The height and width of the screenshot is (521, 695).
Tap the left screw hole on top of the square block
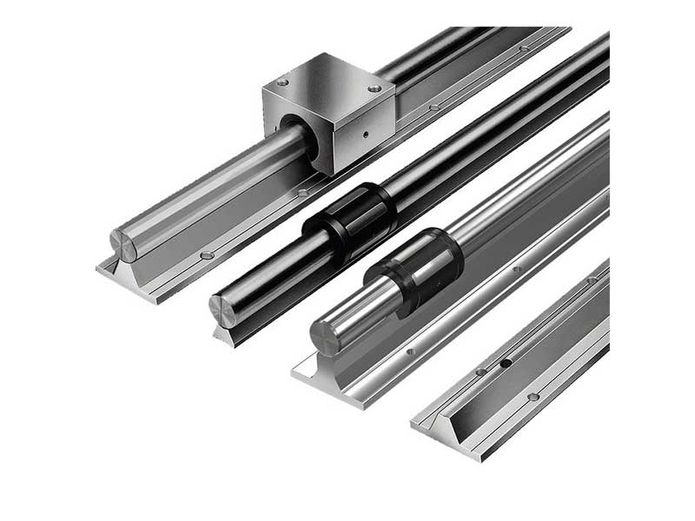pyautogui.click(x=283, y=83)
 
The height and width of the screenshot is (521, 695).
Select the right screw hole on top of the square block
pyautogui.click(x=374, y=89)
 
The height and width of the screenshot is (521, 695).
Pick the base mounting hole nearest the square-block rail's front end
pyautogui.click(x=207, y=255)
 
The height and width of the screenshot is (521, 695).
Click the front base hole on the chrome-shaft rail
pyautogui.click(x=410, y=352)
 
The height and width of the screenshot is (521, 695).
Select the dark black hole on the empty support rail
pyautogui.click(x=505, y=363)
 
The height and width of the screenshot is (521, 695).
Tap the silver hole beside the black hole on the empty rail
pyautogui.click(x=480, y=372)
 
